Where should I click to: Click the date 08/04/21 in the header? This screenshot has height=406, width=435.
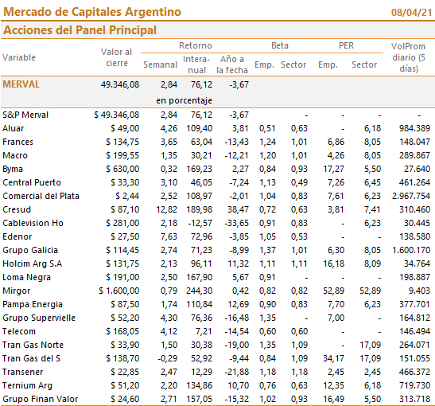[411, 13]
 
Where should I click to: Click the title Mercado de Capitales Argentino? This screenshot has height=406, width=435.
[92, 12]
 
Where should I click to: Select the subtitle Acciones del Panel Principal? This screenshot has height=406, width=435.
[80, 30]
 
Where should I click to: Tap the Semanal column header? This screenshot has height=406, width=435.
[160, 64]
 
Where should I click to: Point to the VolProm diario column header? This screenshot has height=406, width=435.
[409, 57]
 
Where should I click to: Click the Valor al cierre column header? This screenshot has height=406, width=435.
[117, 57]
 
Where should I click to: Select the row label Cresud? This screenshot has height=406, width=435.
[17, 209]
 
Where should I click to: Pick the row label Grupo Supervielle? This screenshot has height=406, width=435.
[39, 318]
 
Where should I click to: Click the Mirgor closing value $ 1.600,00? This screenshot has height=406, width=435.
[119, 291]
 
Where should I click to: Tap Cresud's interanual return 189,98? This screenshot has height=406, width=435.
[199, 209]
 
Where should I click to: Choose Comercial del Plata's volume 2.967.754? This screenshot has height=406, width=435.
[411, 196]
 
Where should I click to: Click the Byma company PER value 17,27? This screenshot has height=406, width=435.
[333, 169]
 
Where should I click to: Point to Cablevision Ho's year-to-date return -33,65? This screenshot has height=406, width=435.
[237, 223]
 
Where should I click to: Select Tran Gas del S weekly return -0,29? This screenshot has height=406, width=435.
[167, 358]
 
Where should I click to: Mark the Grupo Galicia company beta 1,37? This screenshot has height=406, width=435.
[267, 250]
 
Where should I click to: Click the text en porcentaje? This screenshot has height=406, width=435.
[184, 100]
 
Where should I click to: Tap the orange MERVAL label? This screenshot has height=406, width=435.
[21, 84]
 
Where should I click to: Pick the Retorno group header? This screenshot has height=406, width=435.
[196, 45]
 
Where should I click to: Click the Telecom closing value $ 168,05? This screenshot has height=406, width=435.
[122, 331]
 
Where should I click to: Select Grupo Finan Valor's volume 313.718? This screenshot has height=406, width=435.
[415, 399]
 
